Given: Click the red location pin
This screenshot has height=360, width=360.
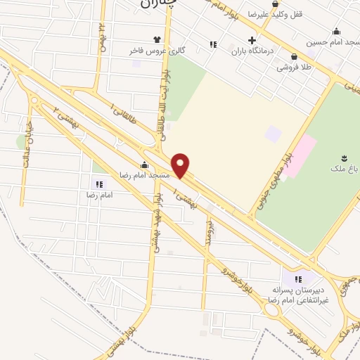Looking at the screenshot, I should (181, 164).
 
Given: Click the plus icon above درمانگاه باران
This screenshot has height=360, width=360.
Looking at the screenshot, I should (252, 40).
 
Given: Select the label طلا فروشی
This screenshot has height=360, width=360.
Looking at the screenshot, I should (293, 67).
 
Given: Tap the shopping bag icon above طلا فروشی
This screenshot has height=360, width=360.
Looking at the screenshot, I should (294, 57).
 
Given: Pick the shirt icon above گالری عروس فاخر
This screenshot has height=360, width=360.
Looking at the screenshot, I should (157, 40).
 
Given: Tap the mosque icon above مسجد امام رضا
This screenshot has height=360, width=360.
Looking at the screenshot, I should (145, 165).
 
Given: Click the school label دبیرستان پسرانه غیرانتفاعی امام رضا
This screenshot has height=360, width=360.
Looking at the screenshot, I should (300, 294).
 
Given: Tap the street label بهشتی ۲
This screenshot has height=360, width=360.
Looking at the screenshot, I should (64, 116).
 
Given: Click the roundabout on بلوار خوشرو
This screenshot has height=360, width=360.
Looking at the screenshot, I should (271, 309).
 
